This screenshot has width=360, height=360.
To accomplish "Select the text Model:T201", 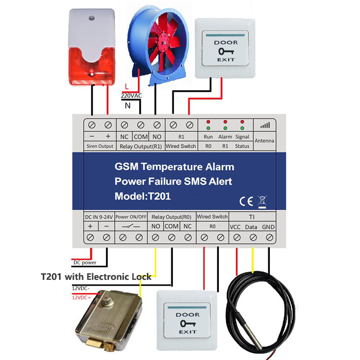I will (143, 196).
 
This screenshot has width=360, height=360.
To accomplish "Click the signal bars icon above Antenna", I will (264, 125).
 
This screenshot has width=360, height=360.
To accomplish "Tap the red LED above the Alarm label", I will (225, 122).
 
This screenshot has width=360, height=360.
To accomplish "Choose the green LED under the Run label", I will (208, 128).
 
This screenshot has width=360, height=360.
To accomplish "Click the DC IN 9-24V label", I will (98, 216).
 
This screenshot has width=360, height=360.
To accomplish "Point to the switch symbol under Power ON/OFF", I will (131, 226).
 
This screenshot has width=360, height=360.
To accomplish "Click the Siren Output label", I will (99, 146).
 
